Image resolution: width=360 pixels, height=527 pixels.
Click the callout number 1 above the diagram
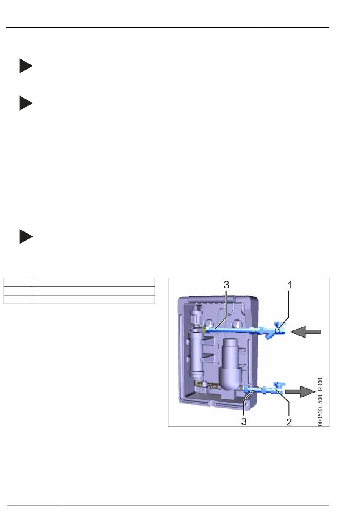(290, 285)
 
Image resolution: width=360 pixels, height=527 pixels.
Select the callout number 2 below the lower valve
(289, 422)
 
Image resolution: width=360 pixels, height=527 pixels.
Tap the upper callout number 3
(226, 285)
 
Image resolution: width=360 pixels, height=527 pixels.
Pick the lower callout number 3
(244, 421)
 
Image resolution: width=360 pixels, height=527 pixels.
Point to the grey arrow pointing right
(300, 392)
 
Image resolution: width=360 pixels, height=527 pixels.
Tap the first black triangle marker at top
(26, 66)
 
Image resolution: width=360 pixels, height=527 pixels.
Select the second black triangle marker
(26, 103)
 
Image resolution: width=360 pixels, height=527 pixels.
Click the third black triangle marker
(26, 236)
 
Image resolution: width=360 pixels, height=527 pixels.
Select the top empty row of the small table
(79, 282)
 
